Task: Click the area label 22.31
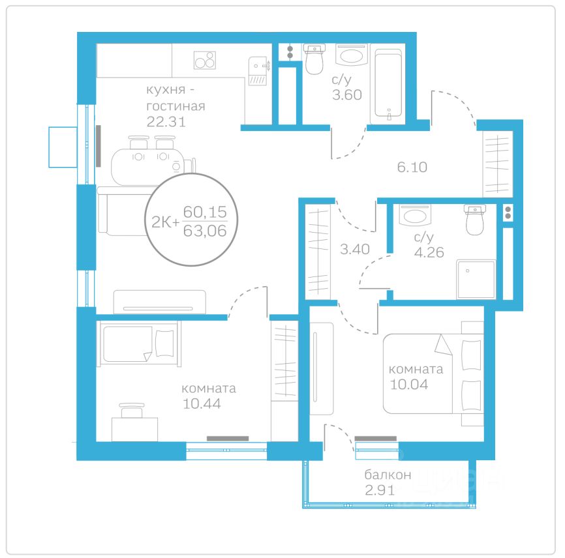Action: click(166, 122)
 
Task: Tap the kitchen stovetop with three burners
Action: click(205, 60)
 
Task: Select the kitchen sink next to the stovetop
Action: click(258, 71)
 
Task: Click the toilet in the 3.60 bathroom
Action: click(314, 59)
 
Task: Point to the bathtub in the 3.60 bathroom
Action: click(388, 84)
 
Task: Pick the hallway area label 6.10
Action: click(412, 167)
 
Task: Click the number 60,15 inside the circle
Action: click(205, 212)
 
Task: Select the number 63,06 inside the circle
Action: click(205, 231)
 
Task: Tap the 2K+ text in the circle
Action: click(165, 222)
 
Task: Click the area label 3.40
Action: click(355, 249)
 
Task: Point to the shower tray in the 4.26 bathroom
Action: click(476, 280)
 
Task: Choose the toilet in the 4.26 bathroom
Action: click(474, 220)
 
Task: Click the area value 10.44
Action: click(202, 404)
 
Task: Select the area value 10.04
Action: click(409, 385)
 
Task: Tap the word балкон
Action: click(388, 475)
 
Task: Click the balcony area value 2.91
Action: click(380, 490)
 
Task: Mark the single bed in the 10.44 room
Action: click(139, 344)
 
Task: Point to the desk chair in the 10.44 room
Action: click(132, 411)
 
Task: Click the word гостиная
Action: click(176, 106)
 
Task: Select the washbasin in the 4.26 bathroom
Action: click(415, 215)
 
